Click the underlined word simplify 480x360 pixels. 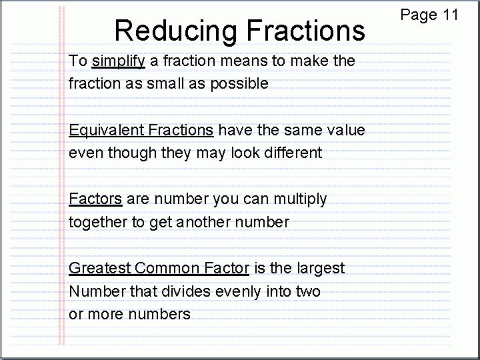[x=119, y=61]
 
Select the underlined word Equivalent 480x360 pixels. [x=107, y=130]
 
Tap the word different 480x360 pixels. [x=294, y=153]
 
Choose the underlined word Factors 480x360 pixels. [x=95, y=199]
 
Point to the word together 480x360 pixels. [x=99, y=223]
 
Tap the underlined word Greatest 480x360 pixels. [x=99, y=268]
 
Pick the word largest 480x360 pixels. [x=321, y=269]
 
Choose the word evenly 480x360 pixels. [x=244, y=292]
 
